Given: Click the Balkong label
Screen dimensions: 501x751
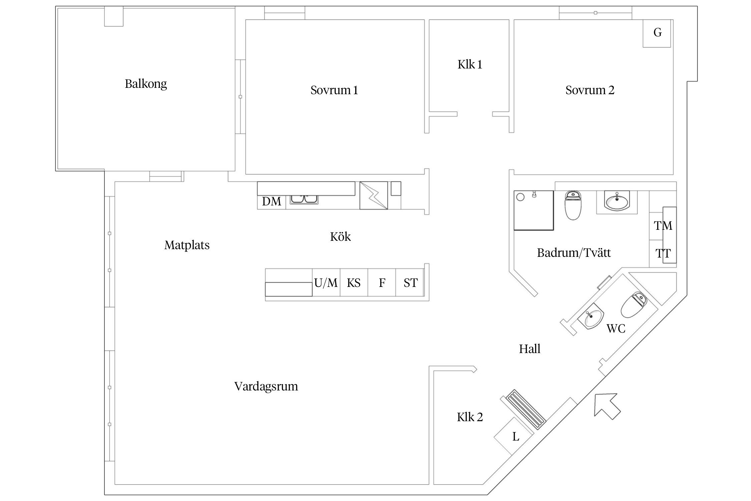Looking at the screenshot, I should point(146,83).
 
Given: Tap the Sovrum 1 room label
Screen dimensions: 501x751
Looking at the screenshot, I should point(334,90).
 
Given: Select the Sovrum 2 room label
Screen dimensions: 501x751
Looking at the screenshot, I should point(590,90).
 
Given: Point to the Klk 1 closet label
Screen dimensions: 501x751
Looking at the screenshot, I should point(470,64).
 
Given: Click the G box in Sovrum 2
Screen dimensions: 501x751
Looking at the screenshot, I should point(657,33).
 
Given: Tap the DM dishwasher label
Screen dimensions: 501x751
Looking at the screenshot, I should point(271,201).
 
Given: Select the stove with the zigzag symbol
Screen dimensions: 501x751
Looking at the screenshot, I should point(373,195).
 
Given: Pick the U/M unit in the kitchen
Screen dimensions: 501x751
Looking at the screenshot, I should point(326,283).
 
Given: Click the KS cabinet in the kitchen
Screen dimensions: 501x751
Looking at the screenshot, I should point(354,283).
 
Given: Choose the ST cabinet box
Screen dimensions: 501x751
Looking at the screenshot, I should point(410,283).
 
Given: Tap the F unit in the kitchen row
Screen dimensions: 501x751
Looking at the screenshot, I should point(382,283).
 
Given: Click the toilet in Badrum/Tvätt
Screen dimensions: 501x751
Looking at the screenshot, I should point(573,205).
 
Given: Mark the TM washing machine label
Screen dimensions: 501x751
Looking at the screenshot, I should point(663,226).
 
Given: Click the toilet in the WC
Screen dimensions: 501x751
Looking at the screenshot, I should point(634,305).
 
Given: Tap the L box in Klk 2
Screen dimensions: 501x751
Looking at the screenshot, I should point(515,437).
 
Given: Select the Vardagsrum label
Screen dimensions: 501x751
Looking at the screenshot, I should point(266,386).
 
